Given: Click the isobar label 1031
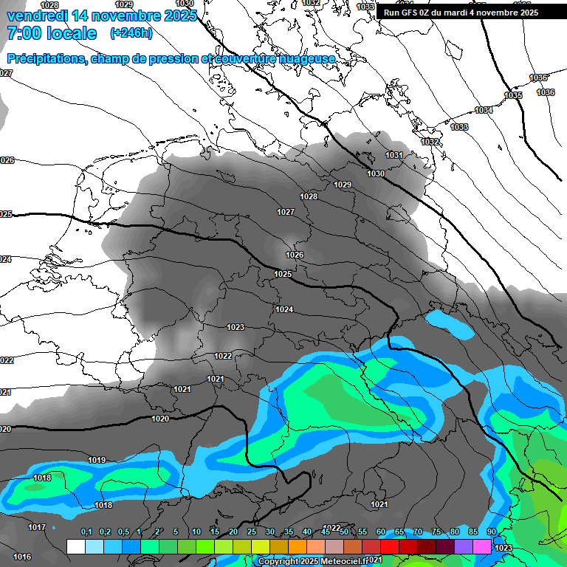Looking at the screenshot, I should [x=394, y=155].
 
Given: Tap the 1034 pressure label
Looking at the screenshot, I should [x=484, y=110].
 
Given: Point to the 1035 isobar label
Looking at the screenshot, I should [x=513, y=95].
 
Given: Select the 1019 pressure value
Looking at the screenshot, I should [x=97, y=460].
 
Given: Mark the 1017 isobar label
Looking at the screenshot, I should [x=37, y=527].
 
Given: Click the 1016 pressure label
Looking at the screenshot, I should [x=22, y=557].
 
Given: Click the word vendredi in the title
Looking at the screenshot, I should [x=37, y=16].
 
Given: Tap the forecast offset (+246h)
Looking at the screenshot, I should [x=131, y=33].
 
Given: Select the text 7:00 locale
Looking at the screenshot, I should [x=52, y=33].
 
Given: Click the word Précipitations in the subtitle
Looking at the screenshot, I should [x=46, y=59].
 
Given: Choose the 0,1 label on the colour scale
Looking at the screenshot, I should [x=86, y=532].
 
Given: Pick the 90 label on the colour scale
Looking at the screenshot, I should [x=492, y=532].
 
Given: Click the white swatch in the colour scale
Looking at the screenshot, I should [x=75, y=546].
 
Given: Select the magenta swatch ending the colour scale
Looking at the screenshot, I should [x=482, y=546].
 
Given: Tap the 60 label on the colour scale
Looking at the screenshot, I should [x=381, y=532].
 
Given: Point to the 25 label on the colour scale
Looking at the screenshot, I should [x=252, y=532].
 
